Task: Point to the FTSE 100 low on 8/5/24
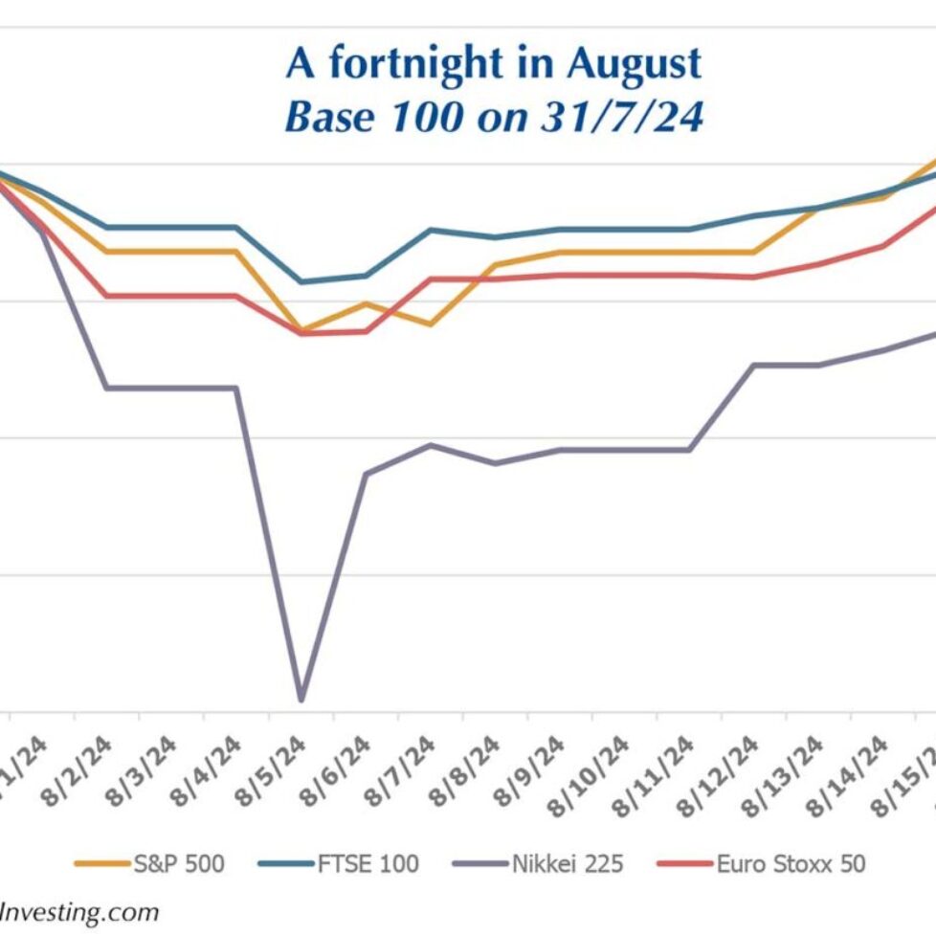click(x=301, y=282)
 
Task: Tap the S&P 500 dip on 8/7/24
click(x=430, y=324)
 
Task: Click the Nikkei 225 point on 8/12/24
click(x=753, y=365)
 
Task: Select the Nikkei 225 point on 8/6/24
click(x=366, y=473)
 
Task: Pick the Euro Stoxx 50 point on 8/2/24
click(x=107, y=296)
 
